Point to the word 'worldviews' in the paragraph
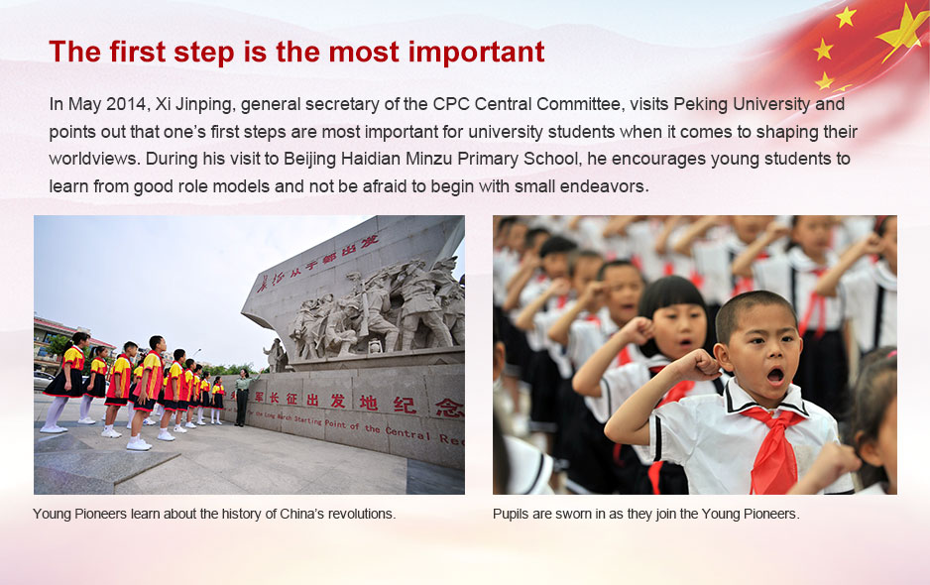pyautogui.click(x=92, y=159)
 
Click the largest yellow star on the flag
pyautogui.click(x=902, y=30)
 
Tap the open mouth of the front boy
pyautogui.click(x=775, y=375)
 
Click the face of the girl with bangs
pyautogui.click(x=682, y=331)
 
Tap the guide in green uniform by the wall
pyautogui.click(x=241, y=398)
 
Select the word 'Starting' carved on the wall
pyautogui.click(x=307, y=420)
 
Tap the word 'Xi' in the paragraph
pyautogui.click(x=162, y=104)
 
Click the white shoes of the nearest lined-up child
pyautogui.click(x=139, y=443)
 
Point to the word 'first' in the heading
pyautogui.click(x=137, y=53)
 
